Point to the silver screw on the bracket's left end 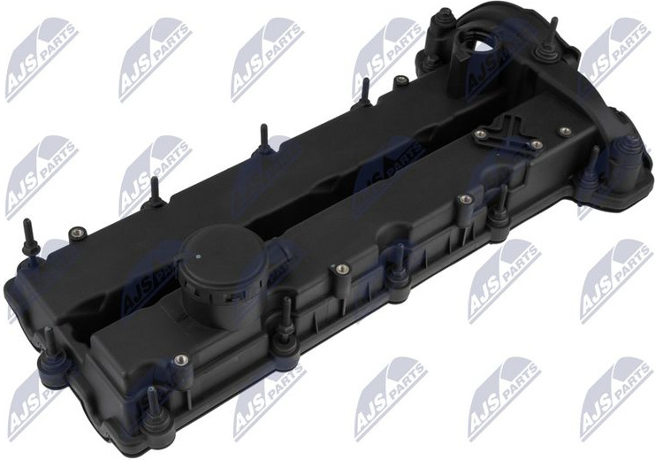tap(480, 134)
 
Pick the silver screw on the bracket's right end tap(537, 145)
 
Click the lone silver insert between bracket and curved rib tap(566, 131)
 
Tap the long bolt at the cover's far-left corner tap(30, 238)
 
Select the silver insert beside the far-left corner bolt tap(76, 233)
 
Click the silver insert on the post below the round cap tap(180, 359)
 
